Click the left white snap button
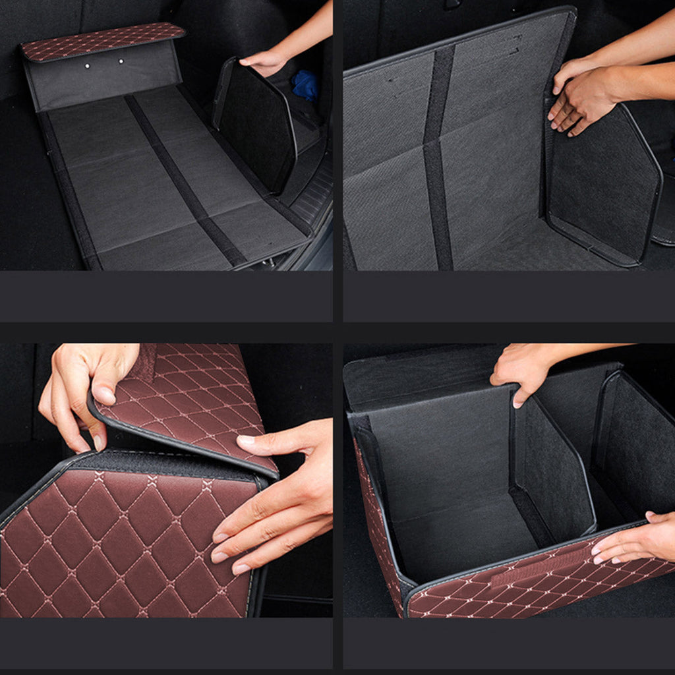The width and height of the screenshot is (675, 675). tap(87, 66)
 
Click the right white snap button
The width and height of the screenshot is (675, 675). tap(121, 61)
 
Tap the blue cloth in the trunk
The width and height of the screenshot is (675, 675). tap(305, 84)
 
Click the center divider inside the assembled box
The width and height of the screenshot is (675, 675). tap(554, 475)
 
